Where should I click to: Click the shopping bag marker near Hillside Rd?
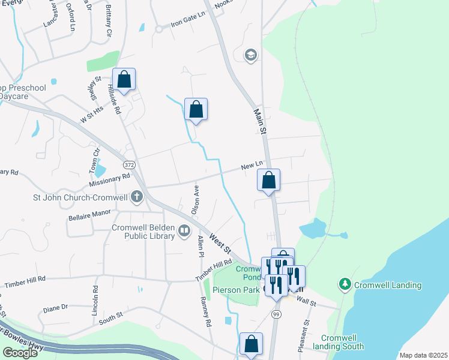click(x=124, y=80)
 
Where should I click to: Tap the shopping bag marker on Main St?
click(x=269, y=180)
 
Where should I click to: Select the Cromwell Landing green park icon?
click(x=345, y=283)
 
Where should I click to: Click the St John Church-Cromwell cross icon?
click(x=137, y=196)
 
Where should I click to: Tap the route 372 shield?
click(x=129, y=164)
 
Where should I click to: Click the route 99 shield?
click(x=276, y=314)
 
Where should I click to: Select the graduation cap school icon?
click(x=250, y=56)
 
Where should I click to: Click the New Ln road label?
click(x=252, y=165)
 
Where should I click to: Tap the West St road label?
click(x=223, y=244)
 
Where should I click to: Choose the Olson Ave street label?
click(x=195, y=199)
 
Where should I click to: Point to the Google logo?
click(x=20, y=353)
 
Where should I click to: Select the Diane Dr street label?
click(x=55, y=307)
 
